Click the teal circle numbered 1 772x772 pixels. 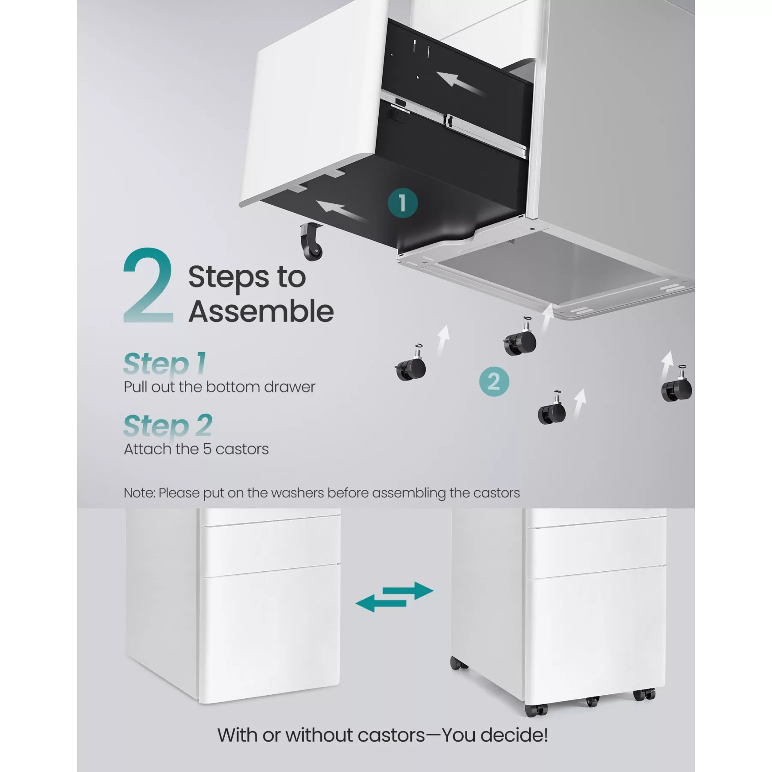[x=403, y=203]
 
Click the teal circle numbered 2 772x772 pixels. [x=494, y=381]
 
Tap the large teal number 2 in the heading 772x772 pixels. [x=148, y=286]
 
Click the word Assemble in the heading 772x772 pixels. [x=261, y=311]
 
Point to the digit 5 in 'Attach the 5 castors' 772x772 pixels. [x=207, y=449]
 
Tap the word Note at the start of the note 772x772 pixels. [x=139, y=493]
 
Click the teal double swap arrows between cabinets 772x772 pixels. [x=395, y=597]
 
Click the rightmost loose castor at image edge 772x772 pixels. [x=677, y=386]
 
